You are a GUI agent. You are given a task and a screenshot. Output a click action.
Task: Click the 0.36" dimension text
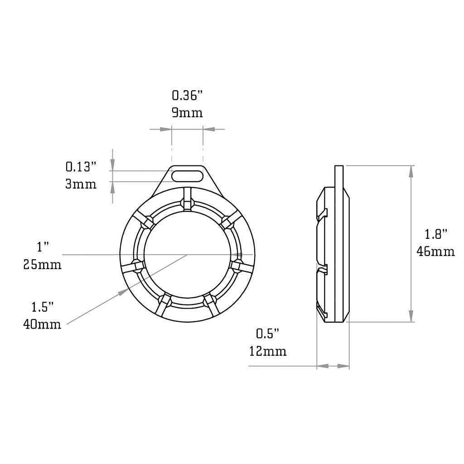pos(187,96)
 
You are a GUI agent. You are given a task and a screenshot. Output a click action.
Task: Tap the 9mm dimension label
pos(187,112)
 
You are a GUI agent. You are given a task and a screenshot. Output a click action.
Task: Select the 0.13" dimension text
pos(81,167)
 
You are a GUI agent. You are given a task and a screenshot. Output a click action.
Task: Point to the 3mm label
pos(81,184)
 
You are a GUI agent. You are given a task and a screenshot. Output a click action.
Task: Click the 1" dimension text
pos(43,247)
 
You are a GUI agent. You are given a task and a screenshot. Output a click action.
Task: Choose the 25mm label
pos(43,264)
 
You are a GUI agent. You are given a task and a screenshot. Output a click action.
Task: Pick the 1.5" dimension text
pos(43,307)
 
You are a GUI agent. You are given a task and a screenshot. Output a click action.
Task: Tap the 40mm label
pos(43,324)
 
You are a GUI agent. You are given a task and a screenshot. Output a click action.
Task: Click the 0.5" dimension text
pos(267,334)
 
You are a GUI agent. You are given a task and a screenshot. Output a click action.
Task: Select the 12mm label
pos(267,351)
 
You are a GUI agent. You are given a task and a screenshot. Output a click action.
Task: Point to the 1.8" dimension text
pos(436,234)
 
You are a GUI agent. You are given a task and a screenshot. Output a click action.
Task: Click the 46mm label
pos(436,251)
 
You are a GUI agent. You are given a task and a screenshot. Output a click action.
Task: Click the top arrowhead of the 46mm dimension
pos(411,171)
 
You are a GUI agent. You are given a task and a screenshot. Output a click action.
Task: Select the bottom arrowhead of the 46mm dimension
pos(411,316)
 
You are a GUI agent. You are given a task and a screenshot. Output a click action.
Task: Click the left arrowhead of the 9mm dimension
pos(166,130)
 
